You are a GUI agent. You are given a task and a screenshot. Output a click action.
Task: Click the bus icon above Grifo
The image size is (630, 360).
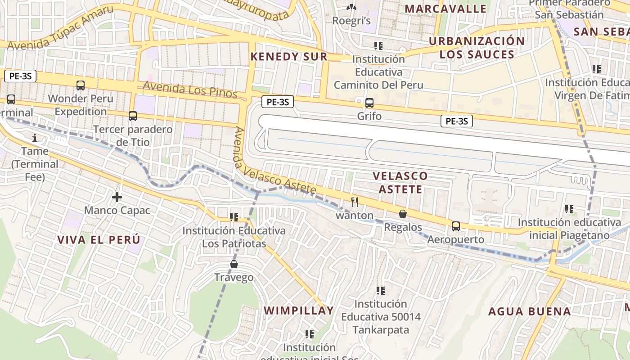[x=369, y=103]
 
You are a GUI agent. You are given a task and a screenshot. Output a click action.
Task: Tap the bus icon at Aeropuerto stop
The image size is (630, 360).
[x=456, y=226]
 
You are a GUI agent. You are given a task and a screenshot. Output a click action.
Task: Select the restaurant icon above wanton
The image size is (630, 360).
[x=355, y=202]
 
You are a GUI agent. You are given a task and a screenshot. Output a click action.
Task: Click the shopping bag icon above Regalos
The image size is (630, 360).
[x=403, y=214]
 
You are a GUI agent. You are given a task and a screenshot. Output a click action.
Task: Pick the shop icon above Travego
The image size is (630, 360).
[x=234, y=264]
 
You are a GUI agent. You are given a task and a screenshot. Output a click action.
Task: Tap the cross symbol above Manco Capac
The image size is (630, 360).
[x=117, y=197]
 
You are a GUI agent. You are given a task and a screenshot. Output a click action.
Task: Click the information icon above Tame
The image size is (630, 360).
[x=35, y=137]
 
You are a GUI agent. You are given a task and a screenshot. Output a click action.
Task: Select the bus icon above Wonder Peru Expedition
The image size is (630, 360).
[x=81, y=85]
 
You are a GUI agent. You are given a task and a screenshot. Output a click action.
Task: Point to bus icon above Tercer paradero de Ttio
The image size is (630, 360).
[x=133, y=116]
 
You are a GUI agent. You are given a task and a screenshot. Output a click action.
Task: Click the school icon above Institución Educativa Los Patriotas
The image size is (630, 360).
[x=234, y=217]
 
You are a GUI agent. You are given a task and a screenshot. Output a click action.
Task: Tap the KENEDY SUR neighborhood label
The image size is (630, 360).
[x=289, y=57]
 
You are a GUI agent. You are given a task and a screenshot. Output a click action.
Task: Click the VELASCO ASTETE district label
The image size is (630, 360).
[x=400, y=182]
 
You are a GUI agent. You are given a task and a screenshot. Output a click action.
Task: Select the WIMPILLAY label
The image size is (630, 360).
[x=299, y=310]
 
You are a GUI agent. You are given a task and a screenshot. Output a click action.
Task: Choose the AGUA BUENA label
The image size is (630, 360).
[x=530, y=311]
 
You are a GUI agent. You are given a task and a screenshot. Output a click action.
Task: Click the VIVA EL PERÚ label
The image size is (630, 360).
[x=99, y=239]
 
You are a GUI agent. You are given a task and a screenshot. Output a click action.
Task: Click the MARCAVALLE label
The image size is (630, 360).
[x=445, y=9]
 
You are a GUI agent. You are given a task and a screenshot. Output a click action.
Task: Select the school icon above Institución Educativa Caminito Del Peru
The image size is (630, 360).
[x=378, y=45]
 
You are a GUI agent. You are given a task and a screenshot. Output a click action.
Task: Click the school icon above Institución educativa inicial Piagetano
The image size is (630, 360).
[x=569, y=209]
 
